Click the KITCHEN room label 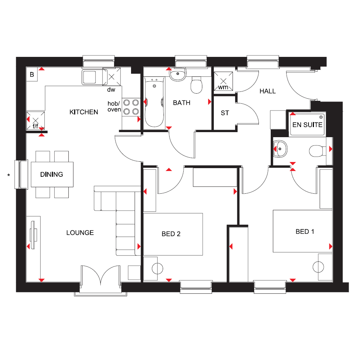84,112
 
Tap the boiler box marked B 32,74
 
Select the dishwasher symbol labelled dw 111,77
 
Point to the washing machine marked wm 223,81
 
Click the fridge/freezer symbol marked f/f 35,121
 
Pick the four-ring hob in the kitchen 131,107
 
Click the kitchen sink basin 89,77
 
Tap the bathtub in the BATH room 154,103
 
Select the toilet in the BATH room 196,85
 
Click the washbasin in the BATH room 177,74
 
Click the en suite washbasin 280,149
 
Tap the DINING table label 51,175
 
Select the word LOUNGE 80,233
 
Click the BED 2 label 171,234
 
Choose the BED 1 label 305,231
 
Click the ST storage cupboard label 225,113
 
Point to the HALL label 268,91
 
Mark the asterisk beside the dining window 9,175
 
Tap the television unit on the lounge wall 33,235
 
